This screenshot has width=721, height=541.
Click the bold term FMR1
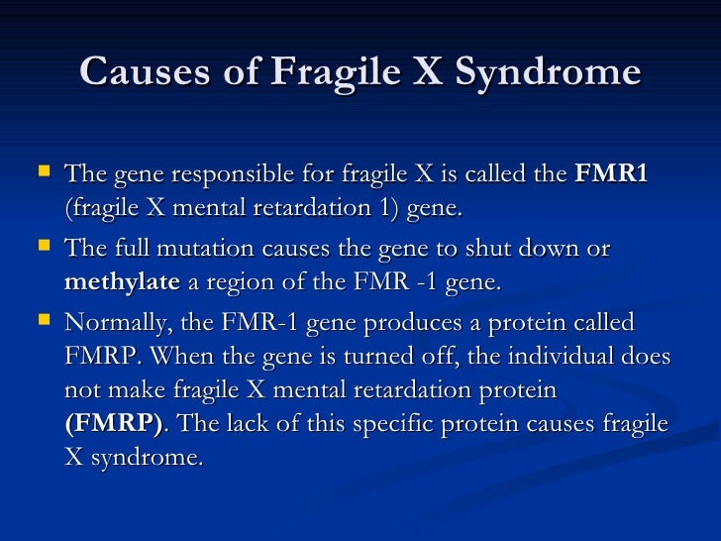(611, 174)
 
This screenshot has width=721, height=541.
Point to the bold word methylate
(122, 283)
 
